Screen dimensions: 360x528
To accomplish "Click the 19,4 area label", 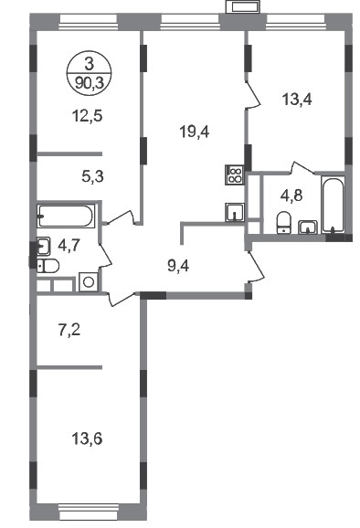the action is click(195, 132).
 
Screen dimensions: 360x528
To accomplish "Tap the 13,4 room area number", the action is click(297, 100).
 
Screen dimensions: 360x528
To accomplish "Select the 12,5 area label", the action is click(87, 116).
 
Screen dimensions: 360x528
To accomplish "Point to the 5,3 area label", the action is click(92, 175).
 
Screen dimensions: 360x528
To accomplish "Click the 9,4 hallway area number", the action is click(178, 266).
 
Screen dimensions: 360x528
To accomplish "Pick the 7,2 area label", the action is click(69, 331).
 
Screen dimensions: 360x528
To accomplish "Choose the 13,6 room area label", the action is click(87, 438).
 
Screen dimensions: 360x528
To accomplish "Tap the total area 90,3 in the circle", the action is click(90, 82).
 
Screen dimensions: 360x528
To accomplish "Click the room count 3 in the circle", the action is click(89, 64).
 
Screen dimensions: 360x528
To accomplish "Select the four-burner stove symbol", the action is click(235, 174).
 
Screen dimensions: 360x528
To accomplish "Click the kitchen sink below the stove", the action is click(235, 212).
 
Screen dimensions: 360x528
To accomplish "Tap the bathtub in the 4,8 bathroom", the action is click(333, 205).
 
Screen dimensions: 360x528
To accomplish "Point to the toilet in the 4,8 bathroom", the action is click(283, 222).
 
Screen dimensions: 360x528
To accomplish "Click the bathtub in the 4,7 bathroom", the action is click(66, 216).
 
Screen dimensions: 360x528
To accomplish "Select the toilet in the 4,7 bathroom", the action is click(48, 266).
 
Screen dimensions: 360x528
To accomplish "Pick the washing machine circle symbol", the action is click(89, 282).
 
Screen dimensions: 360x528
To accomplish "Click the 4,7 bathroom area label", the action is click(69, 246).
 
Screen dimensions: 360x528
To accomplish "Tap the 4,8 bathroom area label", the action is click(291, 195).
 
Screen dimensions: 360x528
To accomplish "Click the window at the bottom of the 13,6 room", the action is click(89, 512).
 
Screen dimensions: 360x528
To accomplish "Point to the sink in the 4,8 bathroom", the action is click(308, 227).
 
